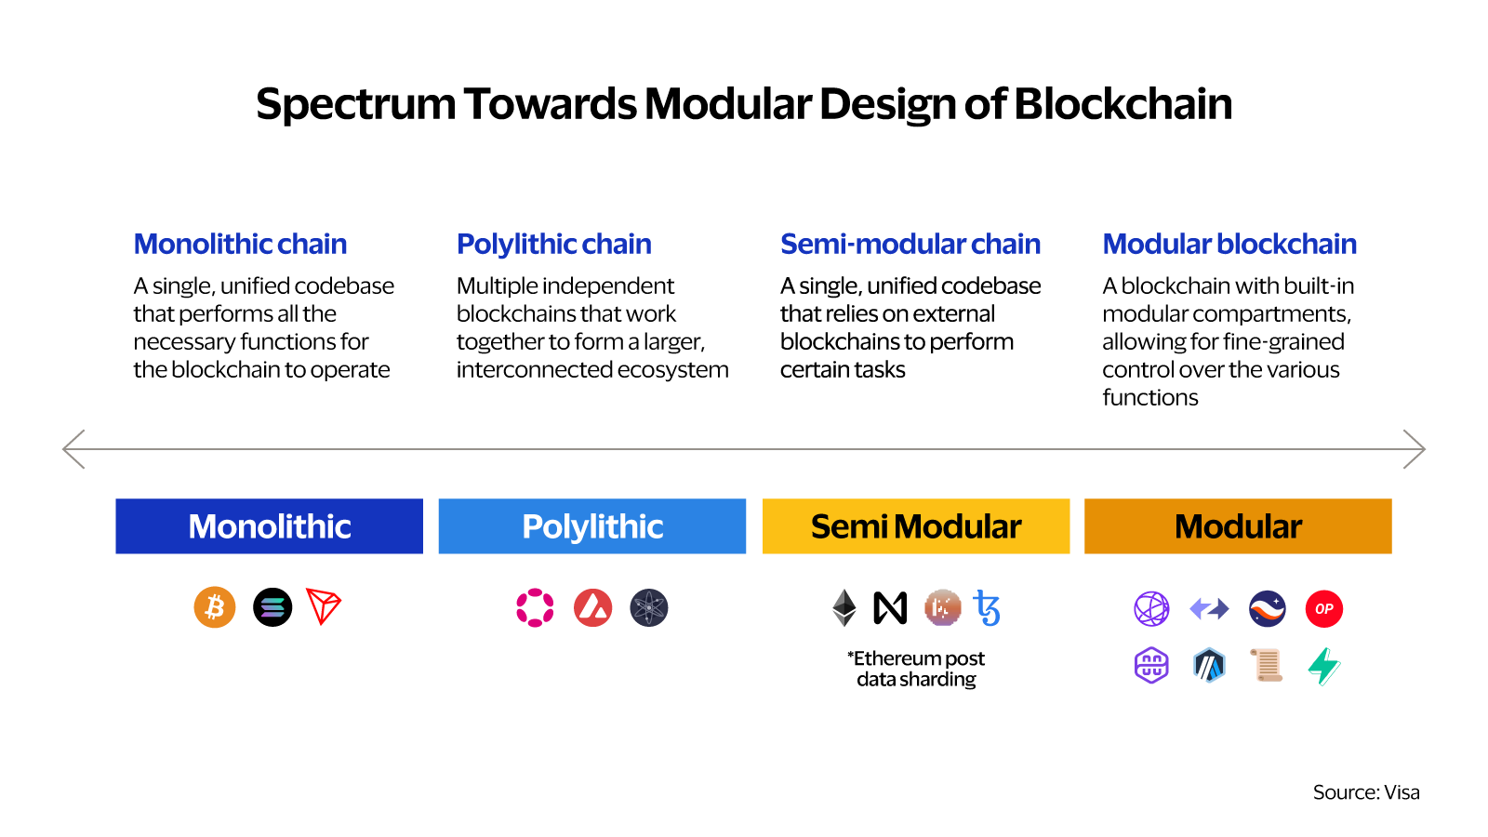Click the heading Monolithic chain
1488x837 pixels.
240,244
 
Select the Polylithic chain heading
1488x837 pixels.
554,244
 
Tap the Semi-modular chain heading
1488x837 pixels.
910,244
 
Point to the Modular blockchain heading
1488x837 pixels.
1229,244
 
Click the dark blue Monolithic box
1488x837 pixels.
269,526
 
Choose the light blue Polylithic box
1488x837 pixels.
592,526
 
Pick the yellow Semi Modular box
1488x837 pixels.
916,526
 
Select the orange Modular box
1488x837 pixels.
1238,526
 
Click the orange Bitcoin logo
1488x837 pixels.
215,607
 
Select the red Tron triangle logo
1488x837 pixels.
323,606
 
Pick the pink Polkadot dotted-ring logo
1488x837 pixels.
535,607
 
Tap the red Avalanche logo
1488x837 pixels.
593,607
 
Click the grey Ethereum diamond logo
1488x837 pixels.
844,608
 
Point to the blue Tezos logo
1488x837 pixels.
987,608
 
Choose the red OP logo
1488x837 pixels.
1324,609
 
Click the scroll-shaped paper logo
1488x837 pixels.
1267,665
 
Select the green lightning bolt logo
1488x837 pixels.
1324,665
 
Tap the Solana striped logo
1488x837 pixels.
272,607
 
